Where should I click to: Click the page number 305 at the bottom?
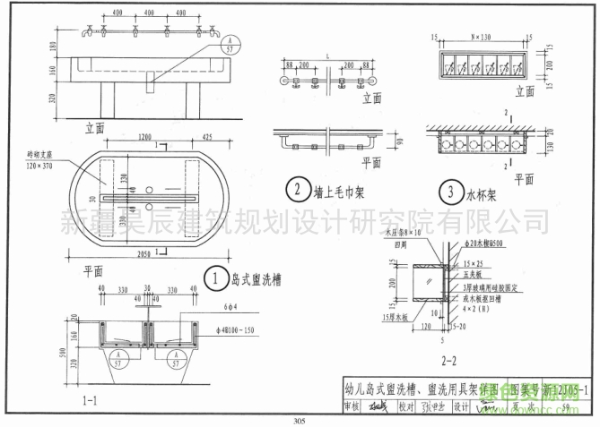click(x=300, y=421)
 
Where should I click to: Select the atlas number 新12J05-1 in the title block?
click(x=562, y=389)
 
